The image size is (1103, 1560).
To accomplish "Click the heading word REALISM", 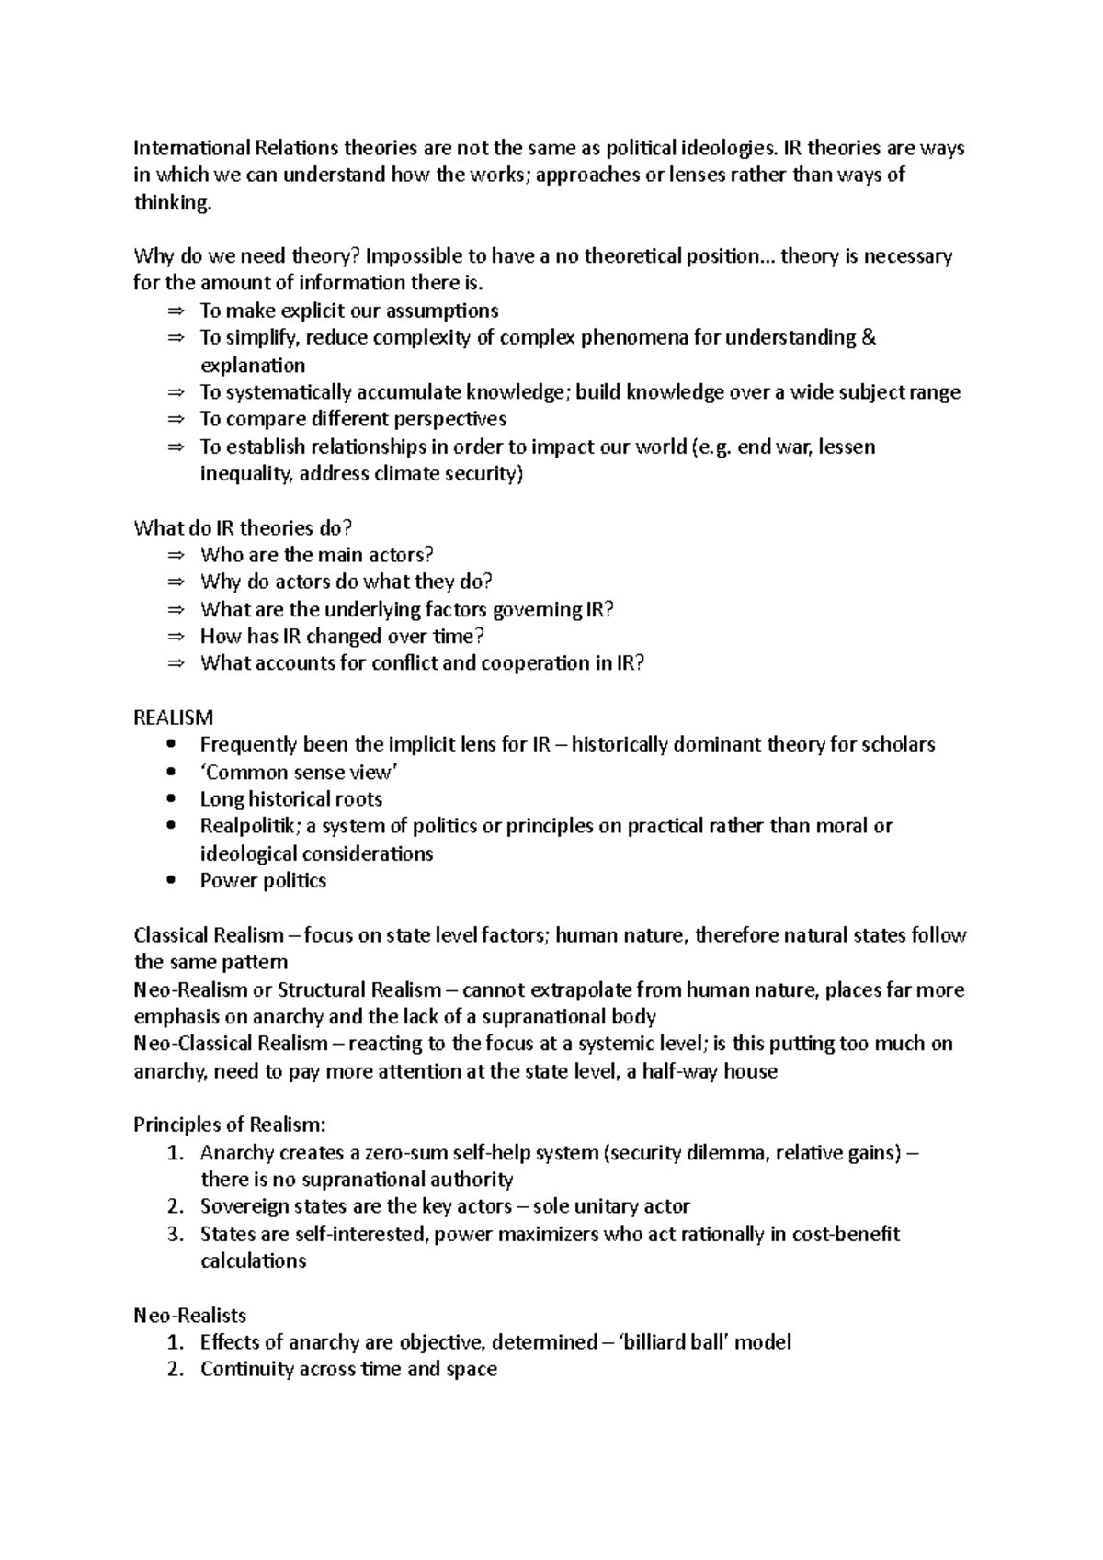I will pos(174,718).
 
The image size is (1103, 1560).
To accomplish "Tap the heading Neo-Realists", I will pos(189,1316).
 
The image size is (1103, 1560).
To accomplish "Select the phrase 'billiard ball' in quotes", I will pos(671,1342).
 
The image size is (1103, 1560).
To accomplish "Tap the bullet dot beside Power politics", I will pos(173,881).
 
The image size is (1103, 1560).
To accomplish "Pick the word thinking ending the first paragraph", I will pos(172,203).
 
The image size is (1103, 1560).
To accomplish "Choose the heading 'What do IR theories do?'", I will pos(244,528).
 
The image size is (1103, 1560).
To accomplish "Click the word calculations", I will pos(253,1261).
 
